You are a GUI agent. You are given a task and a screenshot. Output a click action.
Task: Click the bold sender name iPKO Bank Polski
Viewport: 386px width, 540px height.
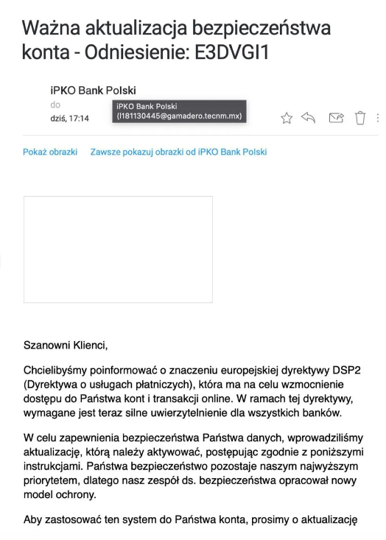93,91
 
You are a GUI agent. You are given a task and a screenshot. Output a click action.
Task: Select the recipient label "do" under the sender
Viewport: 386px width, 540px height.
55,105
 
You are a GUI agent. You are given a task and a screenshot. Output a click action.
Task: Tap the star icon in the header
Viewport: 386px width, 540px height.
287,118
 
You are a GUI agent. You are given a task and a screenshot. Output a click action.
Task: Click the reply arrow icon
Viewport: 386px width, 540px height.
309,118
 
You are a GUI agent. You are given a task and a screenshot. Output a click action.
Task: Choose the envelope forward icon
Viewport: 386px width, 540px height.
336,118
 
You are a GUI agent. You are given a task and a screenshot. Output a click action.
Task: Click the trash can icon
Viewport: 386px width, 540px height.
360,118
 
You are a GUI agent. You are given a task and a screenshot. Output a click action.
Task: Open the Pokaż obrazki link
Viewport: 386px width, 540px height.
50,152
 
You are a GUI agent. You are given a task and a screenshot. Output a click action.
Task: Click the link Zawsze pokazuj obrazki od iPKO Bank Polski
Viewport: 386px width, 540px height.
178,152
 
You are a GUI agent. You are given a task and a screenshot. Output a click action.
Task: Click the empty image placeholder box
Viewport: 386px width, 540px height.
118,249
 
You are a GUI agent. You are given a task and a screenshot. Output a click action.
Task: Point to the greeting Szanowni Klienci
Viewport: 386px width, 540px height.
66,344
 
